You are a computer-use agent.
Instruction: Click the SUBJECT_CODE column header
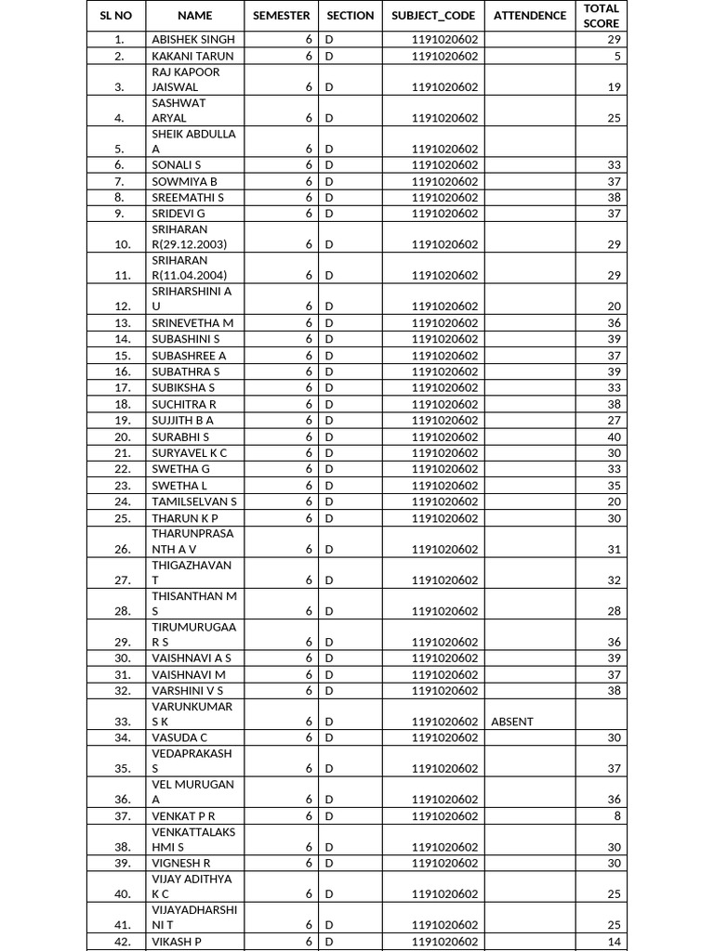tap(433, 16)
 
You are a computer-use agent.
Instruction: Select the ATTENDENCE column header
tap(529, 16)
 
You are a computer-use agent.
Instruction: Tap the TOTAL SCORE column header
tap(601, 16)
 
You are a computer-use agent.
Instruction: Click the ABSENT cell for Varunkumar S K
tap(512, 722)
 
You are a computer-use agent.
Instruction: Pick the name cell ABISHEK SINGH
tap(193, 40)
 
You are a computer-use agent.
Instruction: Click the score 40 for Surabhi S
tap(614, 436)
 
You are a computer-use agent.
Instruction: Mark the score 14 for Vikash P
tap(614, 942)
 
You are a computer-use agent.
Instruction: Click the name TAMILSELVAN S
tap(194, 502)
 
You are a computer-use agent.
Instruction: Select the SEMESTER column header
tap(282, 16)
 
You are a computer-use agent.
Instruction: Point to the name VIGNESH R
tap(181, 863)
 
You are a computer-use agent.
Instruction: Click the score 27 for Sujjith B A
tap(614, 421)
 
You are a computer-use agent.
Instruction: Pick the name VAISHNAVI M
tap(189, 674)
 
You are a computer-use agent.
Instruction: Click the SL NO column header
tap(116, 16)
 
